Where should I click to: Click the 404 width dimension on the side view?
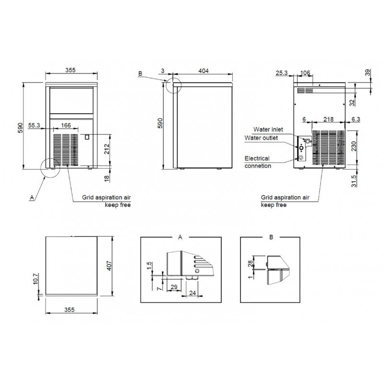tap(203, 71)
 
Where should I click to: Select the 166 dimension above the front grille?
tap(66, 125)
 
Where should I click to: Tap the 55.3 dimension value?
tap(34, 125)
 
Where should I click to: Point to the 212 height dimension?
tap(107, 149)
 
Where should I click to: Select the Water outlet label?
tap(261, 138)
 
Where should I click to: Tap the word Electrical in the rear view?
tap(257, 158)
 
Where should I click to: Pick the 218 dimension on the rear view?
tap(328, 119)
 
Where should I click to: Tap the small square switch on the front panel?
tap(87, 137)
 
